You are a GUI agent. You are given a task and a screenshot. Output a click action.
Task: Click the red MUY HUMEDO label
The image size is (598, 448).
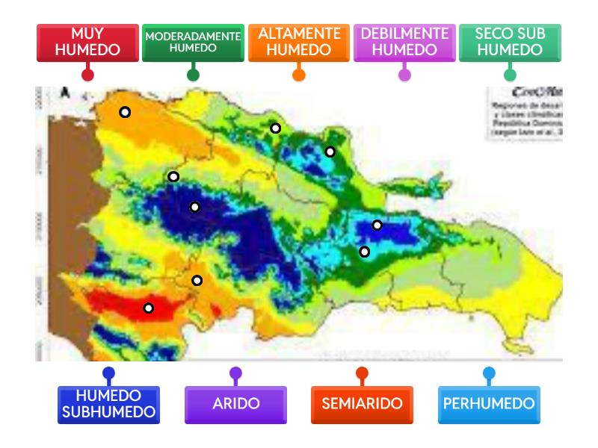point(87,43)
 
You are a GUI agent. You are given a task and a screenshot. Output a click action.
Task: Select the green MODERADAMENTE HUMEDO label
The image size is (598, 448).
point(193,43)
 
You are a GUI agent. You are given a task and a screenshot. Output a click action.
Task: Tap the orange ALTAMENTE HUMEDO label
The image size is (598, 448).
point(299,43)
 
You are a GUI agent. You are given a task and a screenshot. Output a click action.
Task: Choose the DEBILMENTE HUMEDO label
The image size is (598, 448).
point(404,43)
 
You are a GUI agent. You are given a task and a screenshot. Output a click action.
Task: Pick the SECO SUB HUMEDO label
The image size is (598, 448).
point(510,43)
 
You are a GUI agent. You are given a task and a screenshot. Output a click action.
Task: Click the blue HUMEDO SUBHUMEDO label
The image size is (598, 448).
point(108,405)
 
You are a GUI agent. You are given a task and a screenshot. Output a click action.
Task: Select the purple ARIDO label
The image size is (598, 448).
point(235,404)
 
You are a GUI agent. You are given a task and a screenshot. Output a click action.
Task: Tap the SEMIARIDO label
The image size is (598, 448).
point(362,404)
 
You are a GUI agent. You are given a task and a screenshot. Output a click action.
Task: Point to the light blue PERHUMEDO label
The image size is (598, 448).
point(489,404)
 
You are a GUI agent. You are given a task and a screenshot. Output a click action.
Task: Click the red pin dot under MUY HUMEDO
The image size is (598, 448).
point(87,75)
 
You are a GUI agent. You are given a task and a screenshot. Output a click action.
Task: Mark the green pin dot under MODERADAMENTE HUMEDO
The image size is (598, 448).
point(193,75)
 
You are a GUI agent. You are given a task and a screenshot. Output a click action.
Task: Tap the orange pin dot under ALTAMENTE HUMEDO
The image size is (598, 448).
point(299,75)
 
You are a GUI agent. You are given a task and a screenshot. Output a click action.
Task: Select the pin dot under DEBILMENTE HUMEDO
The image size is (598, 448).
point(404,75)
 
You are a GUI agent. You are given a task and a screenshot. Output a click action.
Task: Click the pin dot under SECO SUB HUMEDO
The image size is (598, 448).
point(510,75)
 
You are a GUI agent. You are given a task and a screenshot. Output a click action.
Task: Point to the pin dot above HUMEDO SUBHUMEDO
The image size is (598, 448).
point(108,373)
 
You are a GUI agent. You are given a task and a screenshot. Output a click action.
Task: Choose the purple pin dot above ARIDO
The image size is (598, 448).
point(235,373)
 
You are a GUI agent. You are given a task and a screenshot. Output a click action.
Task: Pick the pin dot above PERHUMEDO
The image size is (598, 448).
point(489,373)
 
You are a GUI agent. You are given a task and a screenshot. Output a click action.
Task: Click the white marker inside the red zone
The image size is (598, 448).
point(149,308)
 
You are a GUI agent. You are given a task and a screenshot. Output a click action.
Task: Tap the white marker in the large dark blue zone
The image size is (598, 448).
point(194,207)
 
